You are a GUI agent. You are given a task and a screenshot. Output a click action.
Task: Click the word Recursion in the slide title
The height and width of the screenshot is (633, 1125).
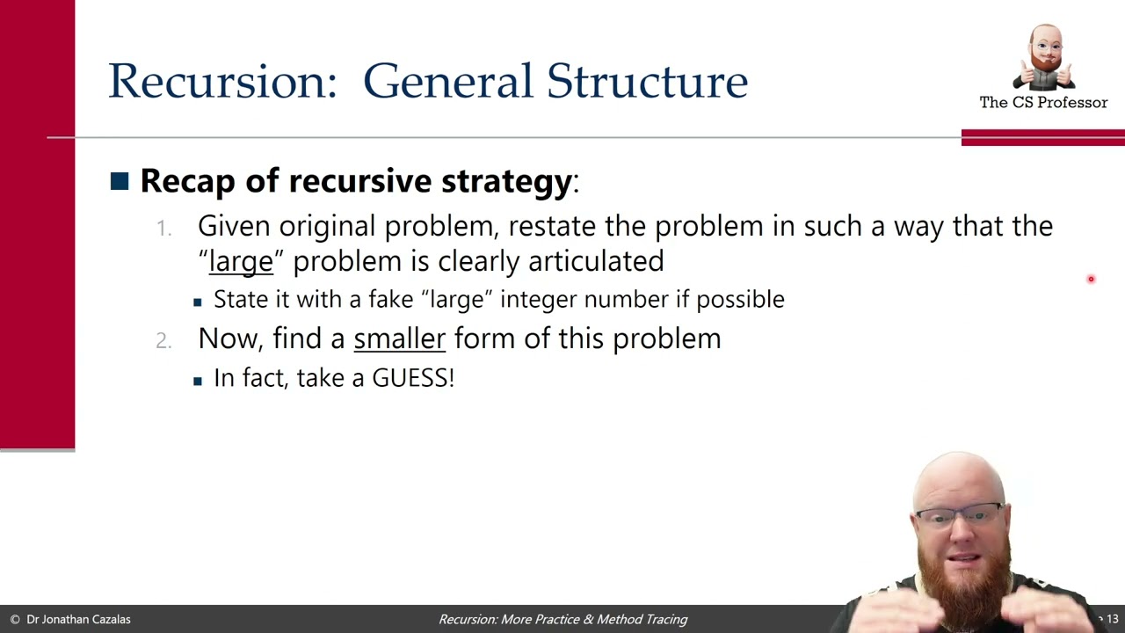coord(221,81)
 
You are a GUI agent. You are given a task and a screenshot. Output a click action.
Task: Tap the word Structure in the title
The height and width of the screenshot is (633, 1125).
coord(647,81)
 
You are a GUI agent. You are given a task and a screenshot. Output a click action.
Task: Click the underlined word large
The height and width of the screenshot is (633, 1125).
coord(241,261)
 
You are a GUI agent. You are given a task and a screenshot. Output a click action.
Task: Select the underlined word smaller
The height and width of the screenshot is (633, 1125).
coord(399,338)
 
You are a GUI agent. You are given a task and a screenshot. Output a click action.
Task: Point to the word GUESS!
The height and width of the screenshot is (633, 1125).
coord(413,378)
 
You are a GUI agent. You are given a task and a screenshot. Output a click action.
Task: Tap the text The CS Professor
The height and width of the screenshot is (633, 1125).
coord(1043,103)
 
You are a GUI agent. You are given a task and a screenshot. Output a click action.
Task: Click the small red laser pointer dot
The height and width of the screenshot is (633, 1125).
coord(1091,280)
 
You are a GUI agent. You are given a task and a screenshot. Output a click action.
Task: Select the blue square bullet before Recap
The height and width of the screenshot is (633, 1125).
coord(120,181)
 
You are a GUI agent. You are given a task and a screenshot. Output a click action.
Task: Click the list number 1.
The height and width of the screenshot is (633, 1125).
coord(163,228)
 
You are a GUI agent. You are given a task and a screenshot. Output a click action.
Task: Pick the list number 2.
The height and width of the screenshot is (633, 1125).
coord(163,340)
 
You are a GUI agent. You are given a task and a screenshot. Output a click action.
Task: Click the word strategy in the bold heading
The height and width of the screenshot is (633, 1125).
coord(506,181)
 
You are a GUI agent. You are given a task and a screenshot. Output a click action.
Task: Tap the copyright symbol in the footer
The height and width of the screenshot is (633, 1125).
coord(14,620)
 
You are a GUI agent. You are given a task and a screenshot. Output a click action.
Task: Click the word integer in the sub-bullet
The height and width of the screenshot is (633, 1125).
coord(538,300)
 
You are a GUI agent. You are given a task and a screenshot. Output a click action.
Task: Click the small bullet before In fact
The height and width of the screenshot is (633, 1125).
coord(198,380)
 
